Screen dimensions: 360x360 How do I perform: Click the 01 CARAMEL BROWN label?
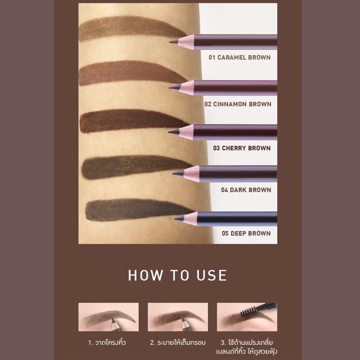(x=239, y=58)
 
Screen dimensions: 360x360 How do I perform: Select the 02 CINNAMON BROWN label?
(x=238, y=104)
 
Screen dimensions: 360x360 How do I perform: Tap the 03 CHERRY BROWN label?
(x=242, y=148)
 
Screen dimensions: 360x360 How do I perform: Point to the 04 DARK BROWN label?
(x=246, y=190)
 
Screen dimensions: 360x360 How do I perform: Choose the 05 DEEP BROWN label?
(x=246, y=234)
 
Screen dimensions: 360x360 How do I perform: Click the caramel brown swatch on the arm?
(x=130, y=28)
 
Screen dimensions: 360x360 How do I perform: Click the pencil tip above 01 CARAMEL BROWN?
(x=170, y=42)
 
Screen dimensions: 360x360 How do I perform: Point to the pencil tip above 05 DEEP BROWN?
(x=175, y=219)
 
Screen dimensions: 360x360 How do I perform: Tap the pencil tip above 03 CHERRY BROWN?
(x=169, y=132)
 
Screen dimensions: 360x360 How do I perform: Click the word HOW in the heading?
(x=145, y=275)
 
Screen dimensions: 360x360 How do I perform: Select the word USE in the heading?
(x=211, y=275)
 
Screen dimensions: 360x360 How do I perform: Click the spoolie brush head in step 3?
(x=248, y=311)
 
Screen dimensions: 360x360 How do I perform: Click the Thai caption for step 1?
(x=107, y=342)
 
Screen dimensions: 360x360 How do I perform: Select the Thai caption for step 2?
(x=178, y=342)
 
